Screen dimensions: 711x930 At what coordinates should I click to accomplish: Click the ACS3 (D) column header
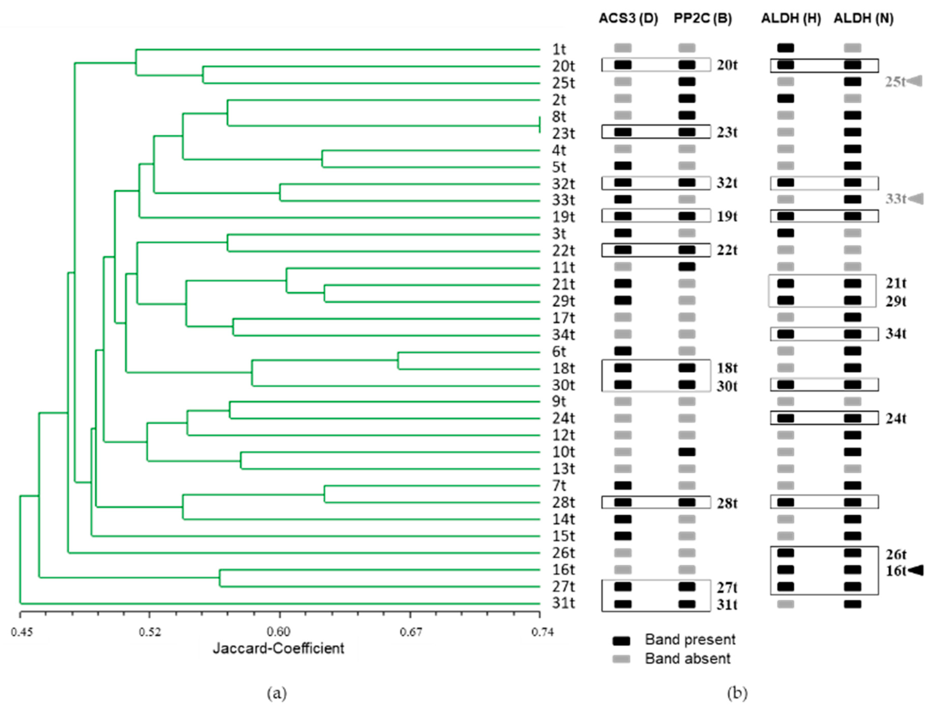pyautogui.click(x=628, y=19)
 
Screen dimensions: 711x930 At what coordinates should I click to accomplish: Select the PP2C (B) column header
pyautogui.click(x=702, y=19)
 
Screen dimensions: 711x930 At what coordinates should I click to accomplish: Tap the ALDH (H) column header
pyautogui.click(x=790, y=19)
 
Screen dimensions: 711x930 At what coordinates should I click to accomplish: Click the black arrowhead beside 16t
pyautogui.click(x=916, y=570)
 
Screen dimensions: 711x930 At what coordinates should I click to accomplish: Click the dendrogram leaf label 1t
pyautogui.click(x=559, y=50)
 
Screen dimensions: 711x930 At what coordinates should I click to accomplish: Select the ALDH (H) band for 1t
pyautogui.click(x=785, y=48)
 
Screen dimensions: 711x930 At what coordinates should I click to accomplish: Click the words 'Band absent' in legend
pyautogui.click(x=688, y=659)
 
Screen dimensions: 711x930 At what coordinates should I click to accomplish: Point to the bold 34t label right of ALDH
pyautogui.click(x=896, y=334)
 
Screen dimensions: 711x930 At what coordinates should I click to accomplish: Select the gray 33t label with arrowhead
pyautogui.click(x=896, y=199)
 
